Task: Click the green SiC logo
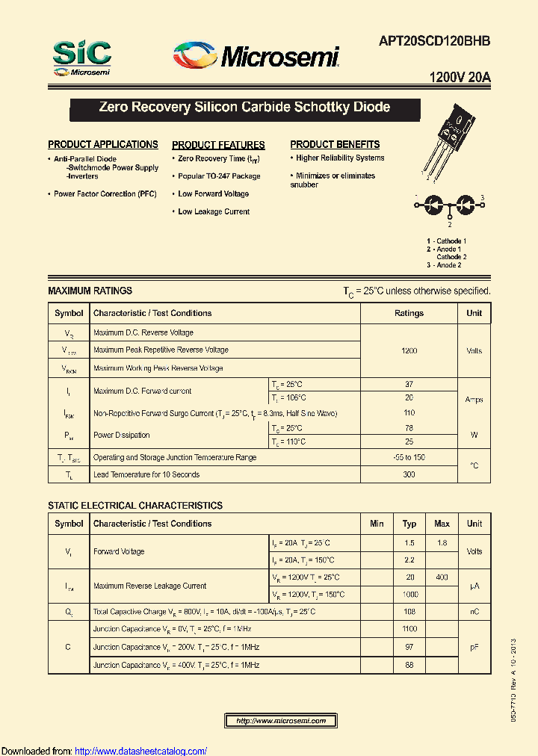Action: tap(82, 54)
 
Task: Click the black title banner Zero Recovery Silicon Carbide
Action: tap(244, 108)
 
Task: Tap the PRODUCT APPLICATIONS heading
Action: tap(103, 144)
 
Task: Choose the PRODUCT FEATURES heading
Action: tap(218, 145)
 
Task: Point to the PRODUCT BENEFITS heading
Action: tap(335, 144)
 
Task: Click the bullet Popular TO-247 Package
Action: tap(219, 176)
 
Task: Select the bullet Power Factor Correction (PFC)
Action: tap(105, 194)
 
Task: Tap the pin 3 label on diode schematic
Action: tap(482, 197)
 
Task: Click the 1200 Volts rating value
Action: tap(409, 350)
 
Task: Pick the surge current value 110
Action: tap(409, 413)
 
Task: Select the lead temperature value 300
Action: tap(409, 474)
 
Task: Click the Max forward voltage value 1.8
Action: tap(442, 543)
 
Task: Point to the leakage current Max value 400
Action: tap(442, 577)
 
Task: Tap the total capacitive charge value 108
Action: tap(409, 612)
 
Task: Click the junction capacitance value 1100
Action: tap(409, 629)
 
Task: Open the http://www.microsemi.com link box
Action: tap(281, 721)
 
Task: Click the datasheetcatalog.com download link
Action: tap(141, 751)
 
